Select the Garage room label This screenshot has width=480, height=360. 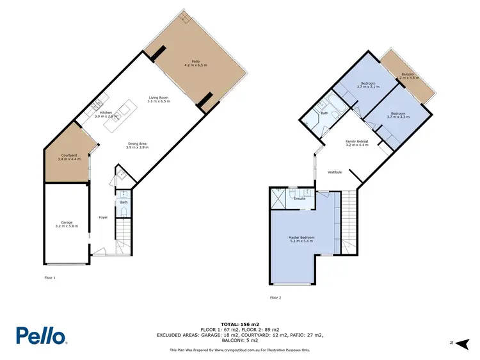[67, 224]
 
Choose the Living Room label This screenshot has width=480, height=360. [158, 99]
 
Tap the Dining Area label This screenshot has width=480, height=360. [138, 145]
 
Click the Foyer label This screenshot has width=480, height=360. [102, 218]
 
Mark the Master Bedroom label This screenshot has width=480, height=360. [301, 240]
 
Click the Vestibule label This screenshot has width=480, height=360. [335, 172]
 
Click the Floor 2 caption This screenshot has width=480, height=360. [276, 298]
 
